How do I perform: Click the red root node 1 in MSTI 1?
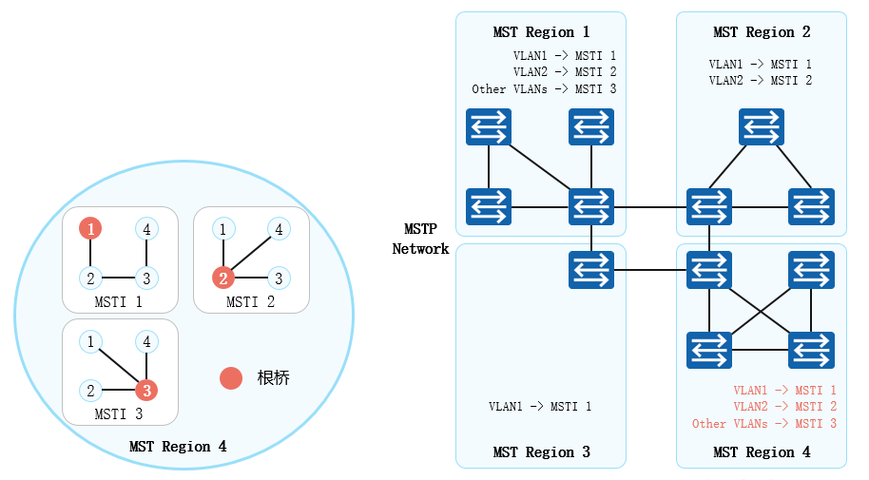click(90, 229)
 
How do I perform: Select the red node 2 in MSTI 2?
click(222, 278)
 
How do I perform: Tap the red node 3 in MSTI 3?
click(145, 390)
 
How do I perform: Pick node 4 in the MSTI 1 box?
click(145, 229)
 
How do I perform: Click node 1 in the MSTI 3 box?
click(90, 341)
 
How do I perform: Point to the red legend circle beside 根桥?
click(231, 378)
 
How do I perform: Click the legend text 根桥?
click(273, 378)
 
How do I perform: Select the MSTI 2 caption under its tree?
click(251, 302)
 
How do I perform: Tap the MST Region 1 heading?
click(541, 32)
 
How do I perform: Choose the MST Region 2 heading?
click(762, 32)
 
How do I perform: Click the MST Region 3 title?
click(541, 452)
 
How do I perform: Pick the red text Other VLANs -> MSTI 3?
click(764, 424)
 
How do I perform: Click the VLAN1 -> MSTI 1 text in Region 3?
click(540, 407)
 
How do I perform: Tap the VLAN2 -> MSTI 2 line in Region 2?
click(761, 81)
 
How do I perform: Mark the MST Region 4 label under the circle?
click(178, 447)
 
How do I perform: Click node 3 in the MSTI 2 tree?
click(278, 278)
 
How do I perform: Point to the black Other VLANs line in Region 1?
click(544, 89)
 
